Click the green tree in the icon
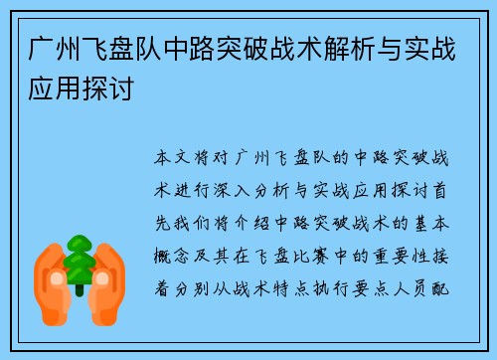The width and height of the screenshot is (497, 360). coord(79,261)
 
